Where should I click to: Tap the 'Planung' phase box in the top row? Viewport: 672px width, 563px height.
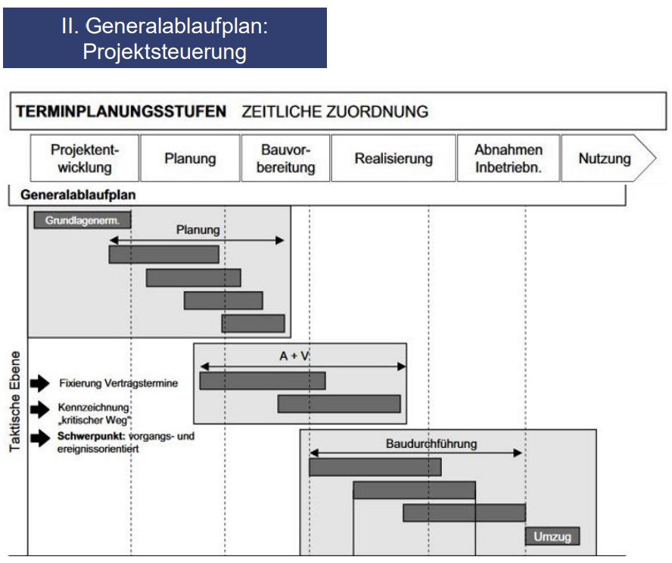(x=190, y=158)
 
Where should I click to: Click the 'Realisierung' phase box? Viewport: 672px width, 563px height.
(x=394, y=158)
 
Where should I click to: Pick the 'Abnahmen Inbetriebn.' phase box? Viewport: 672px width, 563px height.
(x=508, y=158)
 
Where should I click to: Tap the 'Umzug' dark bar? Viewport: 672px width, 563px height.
(x=552, y=537)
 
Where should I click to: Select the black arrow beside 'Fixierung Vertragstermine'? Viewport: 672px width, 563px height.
(x=39, y=383)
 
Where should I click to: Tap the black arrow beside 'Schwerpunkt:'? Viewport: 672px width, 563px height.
(x=39, y=437)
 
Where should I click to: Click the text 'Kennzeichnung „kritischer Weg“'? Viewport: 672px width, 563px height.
(x=94, y=413)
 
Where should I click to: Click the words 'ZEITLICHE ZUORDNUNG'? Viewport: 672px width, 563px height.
(x=334, y=112)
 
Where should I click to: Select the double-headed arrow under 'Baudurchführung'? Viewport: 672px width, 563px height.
(x=416, y=453)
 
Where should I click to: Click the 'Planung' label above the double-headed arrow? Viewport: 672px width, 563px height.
(x=198, y=229)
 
